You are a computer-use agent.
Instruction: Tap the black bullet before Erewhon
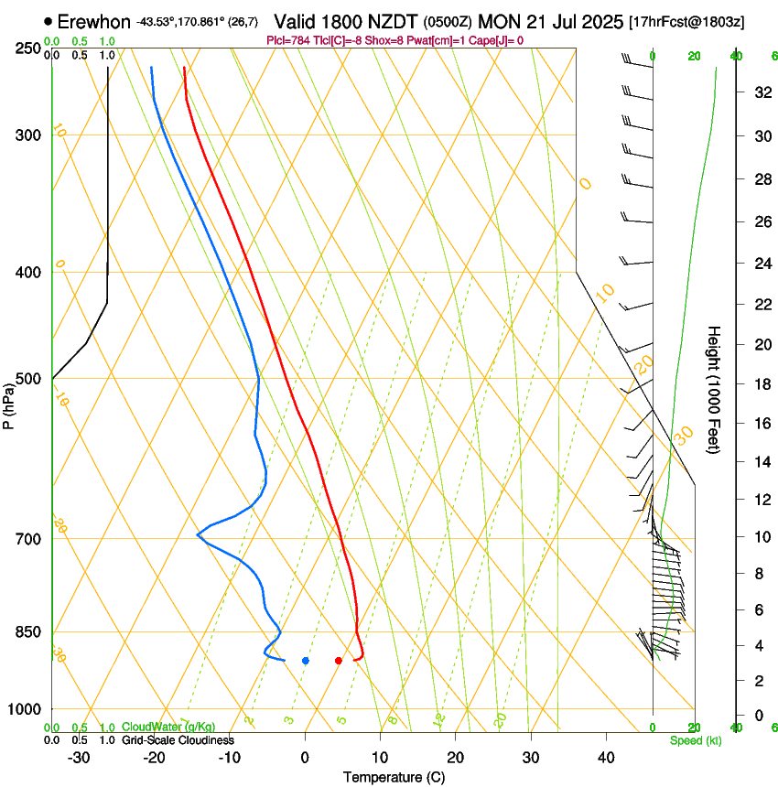coord(48,20)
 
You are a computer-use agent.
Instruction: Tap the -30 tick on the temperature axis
coord(79,757)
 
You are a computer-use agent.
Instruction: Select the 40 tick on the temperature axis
coord(605,757)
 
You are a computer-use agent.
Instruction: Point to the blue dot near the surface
coord(306,660)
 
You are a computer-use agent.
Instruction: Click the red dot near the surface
coord(339,660)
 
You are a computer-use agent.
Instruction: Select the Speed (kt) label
coord(695,740)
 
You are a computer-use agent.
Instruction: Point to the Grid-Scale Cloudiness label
coord(178,740)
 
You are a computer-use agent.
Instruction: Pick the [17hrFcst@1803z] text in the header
coord(686,21)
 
